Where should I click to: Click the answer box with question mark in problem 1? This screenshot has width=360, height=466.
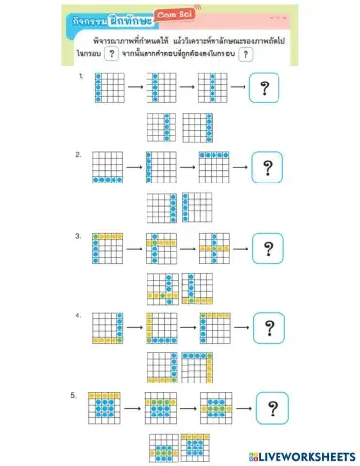(x=264, y=90)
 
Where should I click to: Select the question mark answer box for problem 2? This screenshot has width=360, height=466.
(x=265, y=168)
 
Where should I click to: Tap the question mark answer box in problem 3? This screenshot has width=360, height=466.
(x=266, y=248)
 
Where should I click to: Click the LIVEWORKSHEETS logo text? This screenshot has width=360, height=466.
(x=302, y=455)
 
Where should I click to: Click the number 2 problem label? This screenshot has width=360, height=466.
(x=78, y=154)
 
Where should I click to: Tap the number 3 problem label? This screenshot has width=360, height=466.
(x=78, y=235)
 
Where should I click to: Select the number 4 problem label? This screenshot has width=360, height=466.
(x=78, y=316)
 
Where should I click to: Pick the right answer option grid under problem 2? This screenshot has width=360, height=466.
(x=197, y=207)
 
